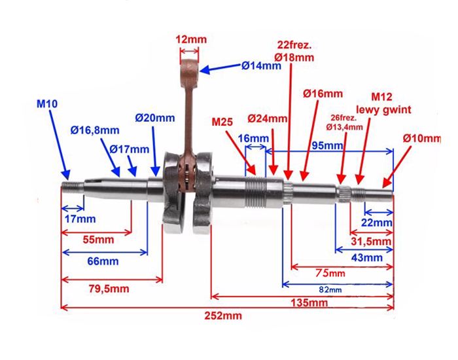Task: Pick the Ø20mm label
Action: pos(155,118)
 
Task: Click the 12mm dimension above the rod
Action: pos(191,39)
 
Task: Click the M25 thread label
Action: pos(225,121)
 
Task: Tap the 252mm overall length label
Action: pos(222,315)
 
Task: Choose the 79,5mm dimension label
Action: pos(109,289)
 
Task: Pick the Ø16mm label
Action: pos(323,94)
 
